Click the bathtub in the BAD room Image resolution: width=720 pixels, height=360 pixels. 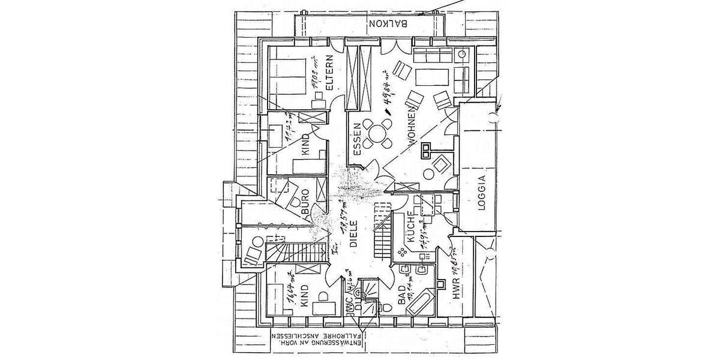point(419,303)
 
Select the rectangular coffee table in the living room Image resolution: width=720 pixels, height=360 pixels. point(432,77)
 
